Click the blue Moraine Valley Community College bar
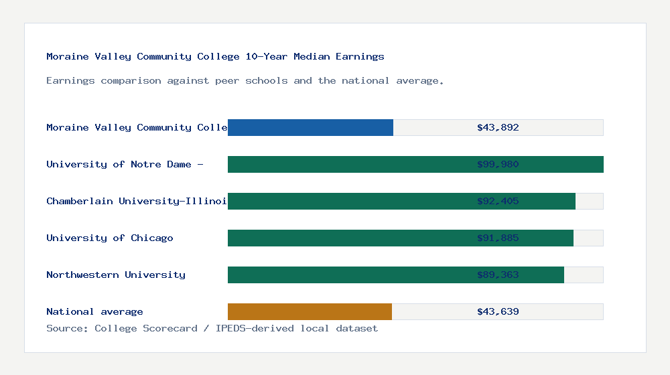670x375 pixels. click(310, 127)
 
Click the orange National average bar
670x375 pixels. click(310, 311)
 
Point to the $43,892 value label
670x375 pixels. click(498, 127)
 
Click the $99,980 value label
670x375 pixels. click(498, 164)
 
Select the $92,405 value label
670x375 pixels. click(498, 201)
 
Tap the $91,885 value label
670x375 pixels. click(498, 238)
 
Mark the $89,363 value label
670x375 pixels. click(498, 275)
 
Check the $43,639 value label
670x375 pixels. click(498, 311)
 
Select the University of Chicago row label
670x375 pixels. click(110, 238)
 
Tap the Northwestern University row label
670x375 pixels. click(116, 275)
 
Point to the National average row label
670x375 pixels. click(94, 311)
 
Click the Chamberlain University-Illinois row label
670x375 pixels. click(137, 201)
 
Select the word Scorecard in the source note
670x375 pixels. click(170, 328)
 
